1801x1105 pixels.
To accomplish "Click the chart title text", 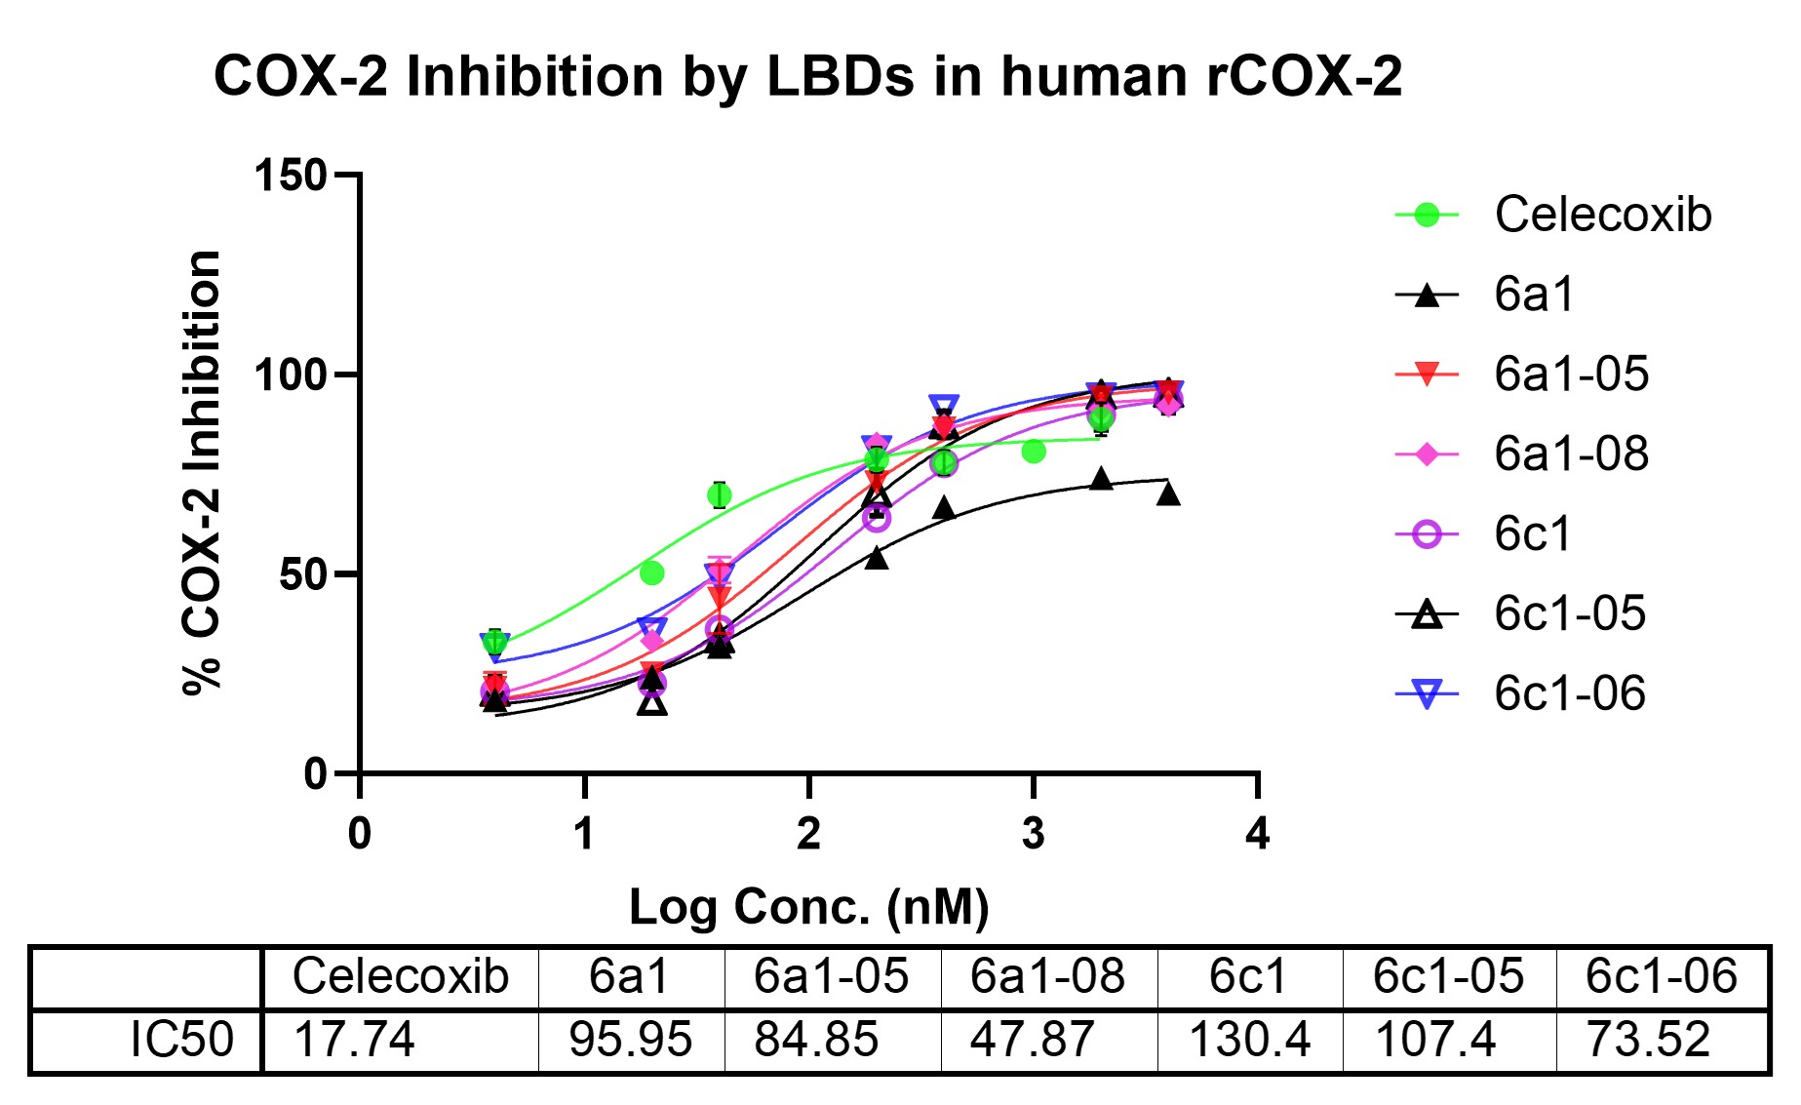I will point(807,75).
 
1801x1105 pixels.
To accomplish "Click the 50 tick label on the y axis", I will point(302,575).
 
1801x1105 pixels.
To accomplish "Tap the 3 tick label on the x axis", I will point(1033,835).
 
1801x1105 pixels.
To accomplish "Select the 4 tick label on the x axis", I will point(1257,835).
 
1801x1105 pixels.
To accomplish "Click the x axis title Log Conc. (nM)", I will point(808,907).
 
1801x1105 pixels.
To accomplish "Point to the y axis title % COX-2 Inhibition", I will point(203,473).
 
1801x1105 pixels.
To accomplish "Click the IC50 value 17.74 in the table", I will point(354,1040).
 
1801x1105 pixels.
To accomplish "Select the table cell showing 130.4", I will point(1249,1040).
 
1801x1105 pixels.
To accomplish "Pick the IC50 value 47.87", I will point(1032,1040).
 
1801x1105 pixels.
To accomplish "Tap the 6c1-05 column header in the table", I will point(1448,976).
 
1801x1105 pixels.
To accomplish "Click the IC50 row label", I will point(181,1040).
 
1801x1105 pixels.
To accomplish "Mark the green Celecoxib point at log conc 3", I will point(1034,452).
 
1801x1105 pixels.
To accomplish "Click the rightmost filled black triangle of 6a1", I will point(1168,494).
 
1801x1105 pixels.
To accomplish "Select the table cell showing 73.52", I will point(1648,1040).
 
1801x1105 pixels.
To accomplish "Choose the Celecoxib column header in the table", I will point(400,976).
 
